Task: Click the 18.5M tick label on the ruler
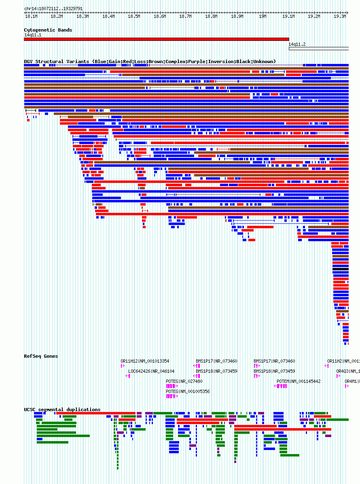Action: [134, 17]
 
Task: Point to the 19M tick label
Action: [262, 17]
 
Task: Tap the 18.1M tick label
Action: [31, 17]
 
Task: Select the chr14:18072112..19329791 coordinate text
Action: [53, 8]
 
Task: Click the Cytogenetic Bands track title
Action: [48, 30]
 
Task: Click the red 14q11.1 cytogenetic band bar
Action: [157, 39]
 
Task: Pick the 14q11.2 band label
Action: [297, 44]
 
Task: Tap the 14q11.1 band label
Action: [32, 35]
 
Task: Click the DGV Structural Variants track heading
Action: [150, 62]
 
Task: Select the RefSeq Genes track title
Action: [41, 356]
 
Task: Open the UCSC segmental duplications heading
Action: [62, 410]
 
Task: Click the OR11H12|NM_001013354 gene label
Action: [145, 361]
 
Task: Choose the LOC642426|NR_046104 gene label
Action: [151, 371]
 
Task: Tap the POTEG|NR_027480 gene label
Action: [184, 381]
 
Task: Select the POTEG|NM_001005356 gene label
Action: [188, 391]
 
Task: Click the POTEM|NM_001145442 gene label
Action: [299, 381]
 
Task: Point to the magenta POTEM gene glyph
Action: [281, 386]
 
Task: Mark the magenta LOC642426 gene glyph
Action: [128, 376]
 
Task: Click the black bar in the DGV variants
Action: [340, 269]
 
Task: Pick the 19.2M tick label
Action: [313, 17]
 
